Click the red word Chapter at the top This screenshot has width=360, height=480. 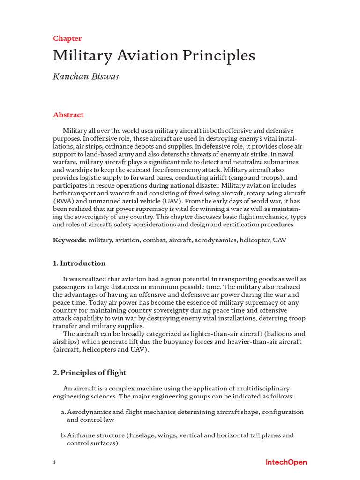coord(67,38)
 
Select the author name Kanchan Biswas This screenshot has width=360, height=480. coord(86,76)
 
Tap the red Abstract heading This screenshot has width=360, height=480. coord(68,115)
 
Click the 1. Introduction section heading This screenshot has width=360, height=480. coord(79,263)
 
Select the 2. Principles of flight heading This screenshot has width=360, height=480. coord(90,373)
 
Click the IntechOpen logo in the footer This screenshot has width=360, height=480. coord(286,462)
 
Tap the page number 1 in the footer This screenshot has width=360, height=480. coord(54,463)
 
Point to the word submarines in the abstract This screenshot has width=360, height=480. coord(281,162)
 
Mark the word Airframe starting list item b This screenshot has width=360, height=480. coord(82,435)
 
